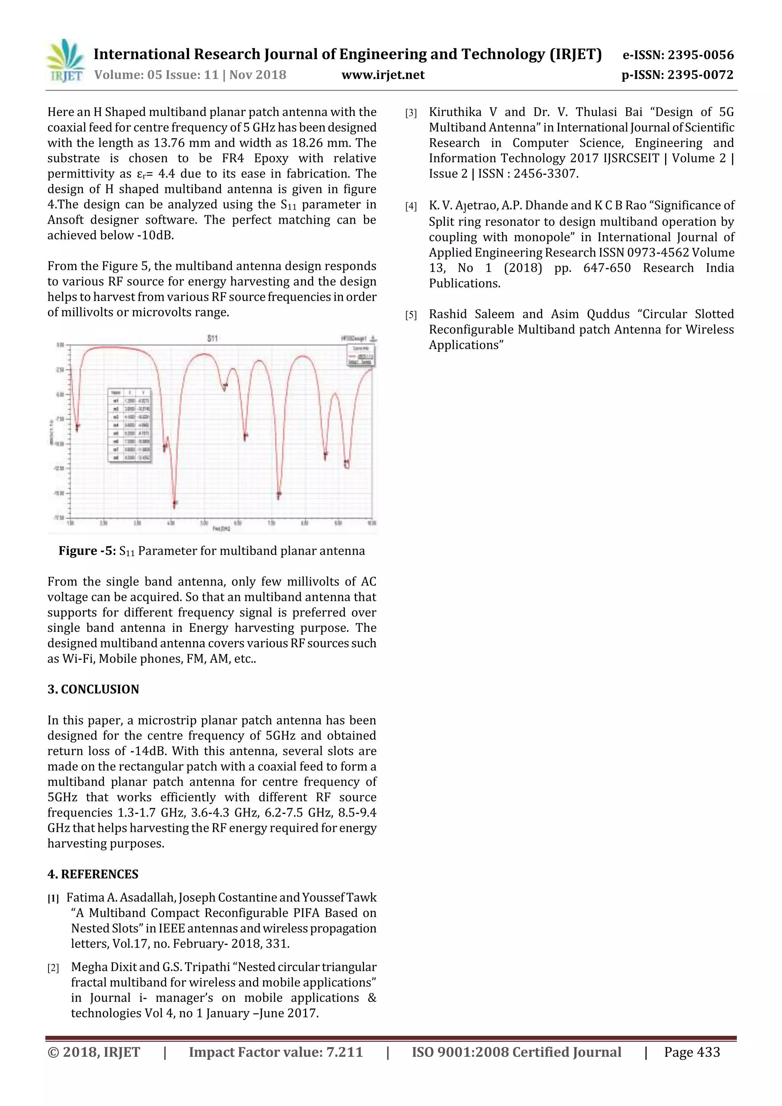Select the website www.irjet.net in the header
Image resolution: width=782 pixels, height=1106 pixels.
coord(383,75)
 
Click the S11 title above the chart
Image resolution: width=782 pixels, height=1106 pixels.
coord(212,339)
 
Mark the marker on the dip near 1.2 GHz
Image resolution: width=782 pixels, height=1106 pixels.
coord(77,426)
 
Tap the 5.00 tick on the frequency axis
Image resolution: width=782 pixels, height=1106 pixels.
coord(204,523)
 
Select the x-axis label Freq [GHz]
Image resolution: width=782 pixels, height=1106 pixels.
coord(221,528)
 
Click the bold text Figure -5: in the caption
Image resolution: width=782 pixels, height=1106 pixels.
coord(87,551)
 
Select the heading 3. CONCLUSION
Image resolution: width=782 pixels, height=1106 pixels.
coord(93,689)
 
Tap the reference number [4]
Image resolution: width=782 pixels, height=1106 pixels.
coord(410,207)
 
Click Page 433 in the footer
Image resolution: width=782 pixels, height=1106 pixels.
coord(692,1052)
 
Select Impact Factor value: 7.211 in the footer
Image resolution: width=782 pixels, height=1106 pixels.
coord(276,1052)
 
